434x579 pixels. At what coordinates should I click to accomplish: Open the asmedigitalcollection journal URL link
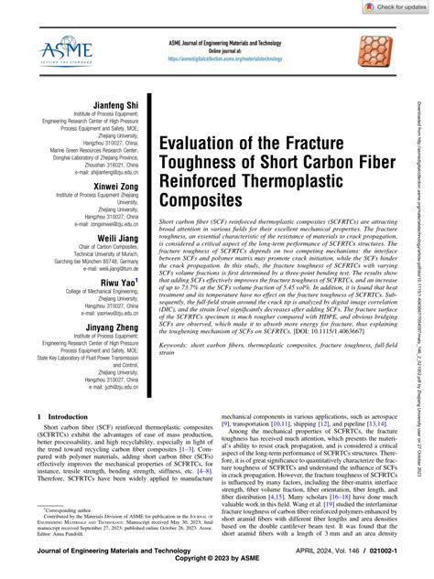(232, 57)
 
